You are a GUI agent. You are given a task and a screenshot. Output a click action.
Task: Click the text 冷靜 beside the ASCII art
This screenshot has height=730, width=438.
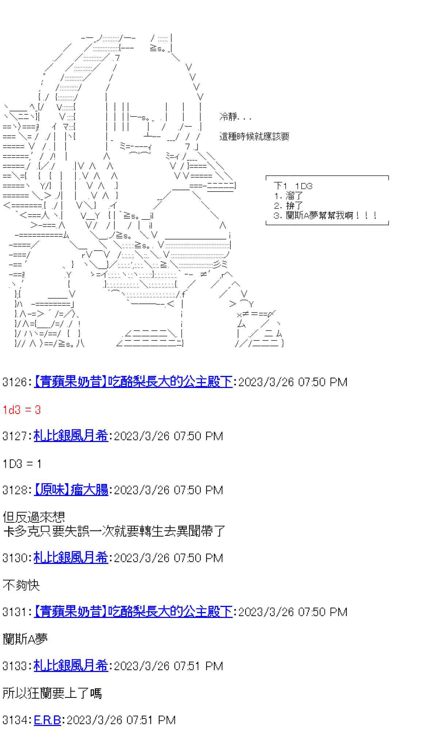228,117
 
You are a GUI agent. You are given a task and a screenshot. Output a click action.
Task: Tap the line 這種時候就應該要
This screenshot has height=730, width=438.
254,137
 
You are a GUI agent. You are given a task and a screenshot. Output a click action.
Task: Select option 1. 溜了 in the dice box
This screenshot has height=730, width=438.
289,196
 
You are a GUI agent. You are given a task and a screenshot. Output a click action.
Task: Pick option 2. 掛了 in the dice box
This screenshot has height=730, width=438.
289,206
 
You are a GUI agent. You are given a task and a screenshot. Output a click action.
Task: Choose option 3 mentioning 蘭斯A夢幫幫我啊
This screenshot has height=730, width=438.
326,215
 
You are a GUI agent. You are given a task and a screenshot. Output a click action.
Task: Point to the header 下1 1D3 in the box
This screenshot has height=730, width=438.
293,186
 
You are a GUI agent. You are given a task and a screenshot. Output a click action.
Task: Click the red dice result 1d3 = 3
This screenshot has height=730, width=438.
22,410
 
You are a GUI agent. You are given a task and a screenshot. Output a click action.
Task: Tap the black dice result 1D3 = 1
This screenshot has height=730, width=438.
22,464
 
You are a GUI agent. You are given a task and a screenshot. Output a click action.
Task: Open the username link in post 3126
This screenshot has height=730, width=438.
133,382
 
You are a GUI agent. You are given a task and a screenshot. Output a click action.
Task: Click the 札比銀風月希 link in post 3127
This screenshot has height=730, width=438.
71,436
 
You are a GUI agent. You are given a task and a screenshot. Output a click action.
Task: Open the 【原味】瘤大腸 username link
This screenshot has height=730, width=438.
71,490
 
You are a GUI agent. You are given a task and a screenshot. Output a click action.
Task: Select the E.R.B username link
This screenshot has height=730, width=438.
47,720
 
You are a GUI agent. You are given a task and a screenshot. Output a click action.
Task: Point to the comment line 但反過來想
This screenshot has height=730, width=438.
34,517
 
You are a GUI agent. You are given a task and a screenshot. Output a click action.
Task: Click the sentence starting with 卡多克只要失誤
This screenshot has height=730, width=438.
114,531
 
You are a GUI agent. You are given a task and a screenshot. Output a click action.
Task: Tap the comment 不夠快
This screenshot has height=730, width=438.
21,585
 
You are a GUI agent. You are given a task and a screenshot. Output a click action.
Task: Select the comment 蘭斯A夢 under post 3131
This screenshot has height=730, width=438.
25,639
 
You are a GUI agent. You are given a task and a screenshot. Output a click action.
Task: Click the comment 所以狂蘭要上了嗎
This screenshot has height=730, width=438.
52,693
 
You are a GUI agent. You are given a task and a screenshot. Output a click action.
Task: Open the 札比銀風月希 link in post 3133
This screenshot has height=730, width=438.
71,666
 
